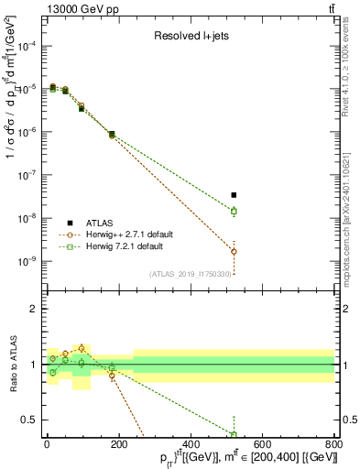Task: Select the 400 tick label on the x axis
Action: click(x=191, y=445)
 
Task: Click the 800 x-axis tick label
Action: click(x=333, y=445)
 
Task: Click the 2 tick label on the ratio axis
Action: click(x=34, y=309)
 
